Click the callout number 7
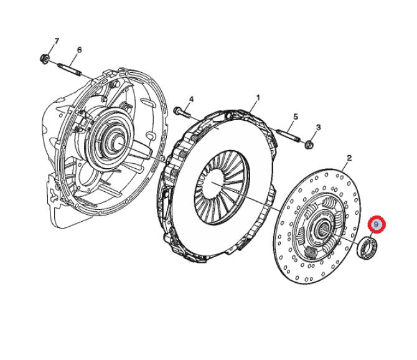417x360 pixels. [57, 41]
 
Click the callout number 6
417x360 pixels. [79, 50]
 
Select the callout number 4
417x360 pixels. [192, 100]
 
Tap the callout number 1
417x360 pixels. [258, 98]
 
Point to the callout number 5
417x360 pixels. [296, 116]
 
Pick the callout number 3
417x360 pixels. [318, 128]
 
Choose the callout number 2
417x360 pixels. [349, 158]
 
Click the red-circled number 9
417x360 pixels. [377, 224]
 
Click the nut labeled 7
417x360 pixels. [44, 59]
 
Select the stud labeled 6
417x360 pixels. [70, 69]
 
